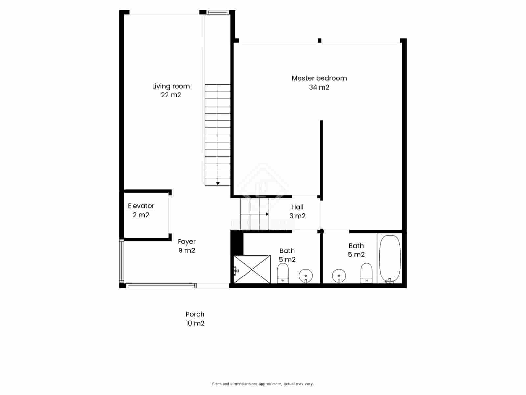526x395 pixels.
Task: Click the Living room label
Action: (171, 86)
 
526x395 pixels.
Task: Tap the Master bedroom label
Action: (319, 78)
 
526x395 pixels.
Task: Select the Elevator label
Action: (141, 206)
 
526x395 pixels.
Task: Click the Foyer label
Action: (186, 242)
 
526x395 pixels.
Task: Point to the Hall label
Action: (297, 207)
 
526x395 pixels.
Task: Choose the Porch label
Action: (195, 314)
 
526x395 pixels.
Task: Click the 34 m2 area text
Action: (319, 87)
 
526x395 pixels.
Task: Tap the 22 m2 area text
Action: (171, 95)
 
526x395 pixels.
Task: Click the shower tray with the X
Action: (252, 269)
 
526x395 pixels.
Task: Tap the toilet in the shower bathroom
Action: (283, 274)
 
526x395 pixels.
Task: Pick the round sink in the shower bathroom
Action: (306, 275)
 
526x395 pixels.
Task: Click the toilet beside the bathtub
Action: (366, 273)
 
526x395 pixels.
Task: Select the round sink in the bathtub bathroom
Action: (339, 275)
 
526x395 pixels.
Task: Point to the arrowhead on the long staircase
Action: (218, 183)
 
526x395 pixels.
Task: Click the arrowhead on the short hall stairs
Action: (267, 214)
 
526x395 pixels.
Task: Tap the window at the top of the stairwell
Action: (217, 13)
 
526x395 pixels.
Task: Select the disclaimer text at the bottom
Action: (263, 384)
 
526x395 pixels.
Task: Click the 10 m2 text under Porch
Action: (195, 323)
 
